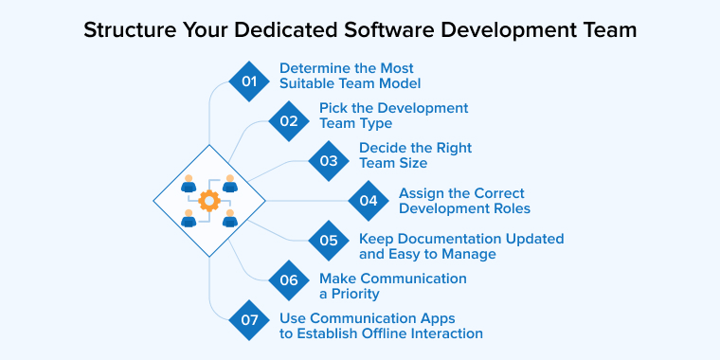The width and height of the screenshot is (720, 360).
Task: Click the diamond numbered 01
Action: tap(249, 81)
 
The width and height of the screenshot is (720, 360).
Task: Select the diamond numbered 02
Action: tap(289, 121)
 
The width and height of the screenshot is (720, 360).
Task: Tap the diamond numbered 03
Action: tap(329, 161)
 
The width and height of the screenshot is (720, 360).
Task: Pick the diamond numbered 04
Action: tap(369, 201)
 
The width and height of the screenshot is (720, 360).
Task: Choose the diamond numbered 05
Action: tap(329, 241)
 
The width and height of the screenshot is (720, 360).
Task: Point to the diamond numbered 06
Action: tap(289, 280)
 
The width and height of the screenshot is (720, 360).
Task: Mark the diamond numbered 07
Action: tap(249, 320)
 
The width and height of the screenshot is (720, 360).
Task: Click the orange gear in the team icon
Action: tap(209, 201)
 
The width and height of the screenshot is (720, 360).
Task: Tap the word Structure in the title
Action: tap(121, 29)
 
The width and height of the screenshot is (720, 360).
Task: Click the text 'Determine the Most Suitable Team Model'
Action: tap(347, 76)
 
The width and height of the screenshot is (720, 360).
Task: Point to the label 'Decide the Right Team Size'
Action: tap(415, 155)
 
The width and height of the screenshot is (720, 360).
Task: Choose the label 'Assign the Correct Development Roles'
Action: tap(463, 201)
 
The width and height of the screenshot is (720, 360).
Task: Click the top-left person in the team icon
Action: tap(189, 183)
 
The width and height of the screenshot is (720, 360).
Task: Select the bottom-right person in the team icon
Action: tap(229, 219)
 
